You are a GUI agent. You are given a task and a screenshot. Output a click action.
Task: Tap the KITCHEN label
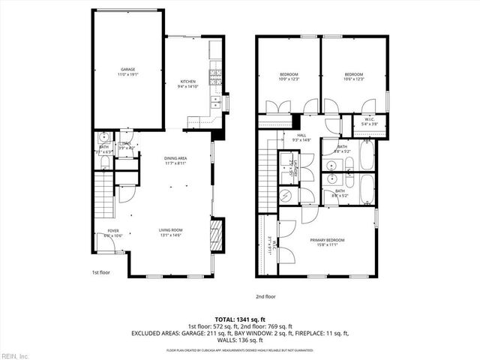[187, 81]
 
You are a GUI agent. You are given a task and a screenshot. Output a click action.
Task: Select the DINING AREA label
[176, 158]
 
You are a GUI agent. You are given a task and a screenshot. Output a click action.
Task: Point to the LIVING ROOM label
[171, 229]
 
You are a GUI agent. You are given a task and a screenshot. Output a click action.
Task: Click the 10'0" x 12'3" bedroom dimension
[289, 79]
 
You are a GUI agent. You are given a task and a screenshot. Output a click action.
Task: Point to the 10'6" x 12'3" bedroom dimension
[353, 79]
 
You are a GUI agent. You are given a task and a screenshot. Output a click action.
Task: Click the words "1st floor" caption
[101, 272]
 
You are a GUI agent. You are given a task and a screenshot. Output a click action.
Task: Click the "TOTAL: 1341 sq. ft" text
[239, 319]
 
